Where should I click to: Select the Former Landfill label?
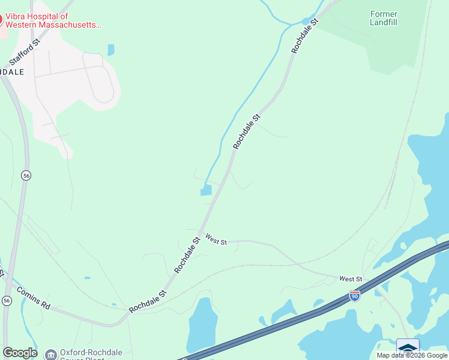click(384, 17)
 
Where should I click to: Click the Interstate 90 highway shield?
click(355, 296)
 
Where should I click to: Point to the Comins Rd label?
click(34, 298)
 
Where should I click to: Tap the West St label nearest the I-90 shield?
click(351, 279)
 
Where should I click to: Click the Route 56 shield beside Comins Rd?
click(7, 300)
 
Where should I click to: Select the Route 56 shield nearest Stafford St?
click(26, 175)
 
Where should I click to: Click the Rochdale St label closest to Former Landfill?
click(304, 36)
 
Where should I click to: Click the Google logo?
click(20, 353)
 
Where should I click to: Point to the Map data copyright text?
click(412, 355)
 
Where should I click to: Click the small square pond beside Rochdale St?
click(206, 190)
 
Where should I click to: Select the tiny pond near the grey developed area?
click(111, 50)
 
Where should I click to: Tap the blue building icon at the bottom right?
click(408, 347)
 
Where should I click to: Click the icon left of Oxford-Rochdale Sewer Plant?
click(50, 354)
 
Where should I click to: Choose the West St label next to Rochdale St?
click(215, 239)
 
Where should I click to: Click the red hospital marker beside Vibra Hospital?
click(1, 19)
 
